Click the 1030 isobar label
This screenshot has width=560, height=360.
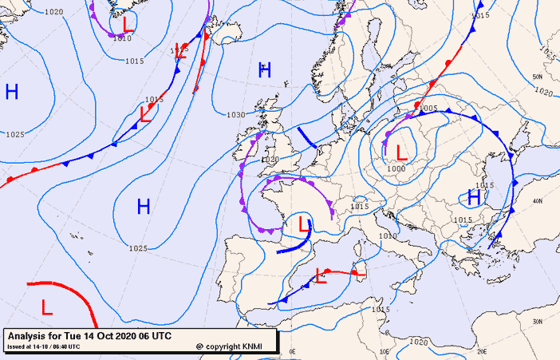[x=236, y=115]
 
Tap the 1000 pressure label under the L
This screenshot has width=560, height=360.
[x=396, y=168]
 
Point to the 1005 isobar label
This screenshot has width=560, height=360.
[x=428, y=109]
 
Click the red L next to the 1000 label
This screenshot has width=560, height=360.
[x=401, y=150]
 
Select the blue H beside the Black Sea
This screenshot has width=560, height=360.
[x=474, y=197]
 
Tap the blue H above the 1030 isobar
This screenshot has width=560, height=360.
[x=265, y=70]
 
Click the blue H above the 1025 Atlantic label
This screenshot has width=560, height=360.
[x=144, y=208]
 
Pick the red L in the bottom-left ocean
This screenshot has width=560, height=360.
[x=47, y=306]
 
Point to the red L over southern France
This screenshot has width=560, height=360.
[x=304, y=225]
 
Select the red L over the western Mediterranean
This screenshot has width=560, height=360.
[x=321, y=276]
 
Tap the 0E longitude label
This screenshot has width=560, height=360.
[x=292, y=350]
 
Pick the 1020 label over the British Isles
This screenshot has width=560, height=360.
[x=270, y=160]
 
